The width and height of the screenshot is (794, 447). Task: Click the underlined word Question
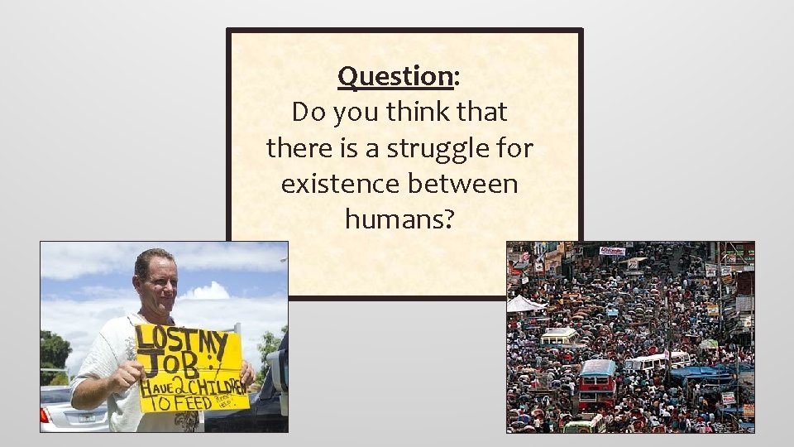click(395, 76)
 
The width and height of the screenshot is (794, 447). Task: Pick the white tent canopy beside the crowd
click(526, 304)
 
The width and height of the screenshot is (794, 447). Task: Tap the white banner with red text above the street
click(612, 250)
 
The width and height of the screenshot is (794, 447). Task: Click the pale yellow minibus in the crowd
click(560, 336)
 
